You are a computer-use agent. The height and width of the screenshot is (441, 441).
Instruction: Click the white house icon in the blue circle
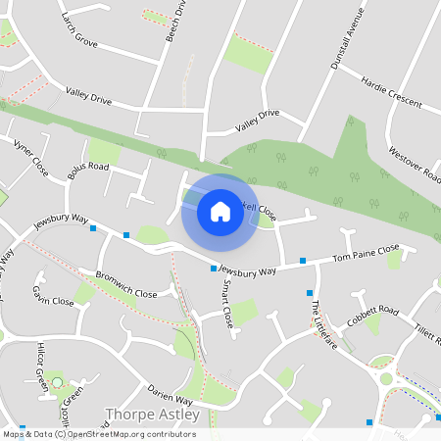click(x=220, y=211)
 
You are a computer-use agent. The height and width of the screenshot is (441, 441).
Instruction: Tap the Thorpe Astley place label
click(x=152, y=415)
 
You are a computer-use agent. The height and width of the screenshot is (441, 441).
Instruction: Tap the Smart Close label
click(x=227, y=304)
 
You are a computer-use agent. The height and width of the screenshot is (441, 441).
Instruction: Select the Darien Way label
click(x=171, y=394)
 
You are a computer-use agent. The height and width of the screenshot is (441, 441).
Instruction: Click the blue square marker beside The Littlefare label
click(x=310, y=293)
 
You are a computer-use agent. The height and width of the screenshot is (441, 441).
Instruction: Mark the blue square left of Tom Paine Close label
click(x=303, y=261)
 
